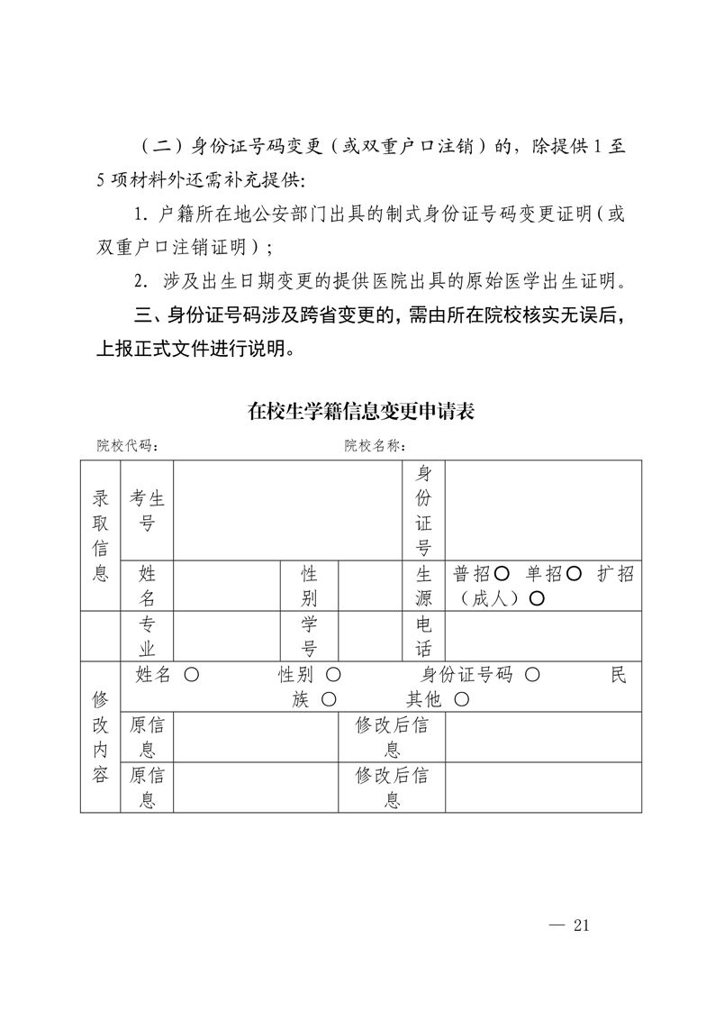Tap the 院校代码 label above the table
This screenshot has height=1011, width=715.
click(129, 445)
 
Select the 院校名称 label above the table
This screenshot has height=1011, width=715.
click(375, 445)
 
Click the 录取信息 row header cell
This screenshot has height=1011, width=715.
click(100, 534)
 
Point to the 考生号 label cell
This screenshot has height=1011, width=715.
click(147, 510)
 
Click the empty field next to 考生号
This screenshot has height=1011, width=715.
click(287, 510)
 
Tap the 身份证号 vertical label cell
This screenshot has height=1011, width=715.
click(423, 510)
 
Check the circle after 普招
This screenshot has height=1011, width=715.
click(502, 574)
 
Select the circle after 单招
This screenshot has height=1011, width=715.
click(575, 574)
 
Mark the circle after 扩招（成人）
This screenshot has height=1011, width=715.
click(536, 598)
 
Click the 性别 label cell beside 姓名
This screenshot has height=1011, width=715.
click(308, 586)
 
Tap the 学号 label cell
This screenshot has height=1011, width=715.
click(308, 636)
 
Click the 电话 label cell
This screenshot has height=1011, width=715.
click(423, 636)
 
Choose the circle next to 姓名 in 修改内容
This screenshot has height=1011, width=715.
click(190, 675)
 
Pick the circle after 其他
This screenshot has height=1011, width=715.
click(461, 699)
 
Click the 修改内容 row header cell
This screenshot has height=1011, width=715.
click(100, 737)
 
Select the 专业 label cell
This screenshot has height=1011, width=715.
click(147, 636)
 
